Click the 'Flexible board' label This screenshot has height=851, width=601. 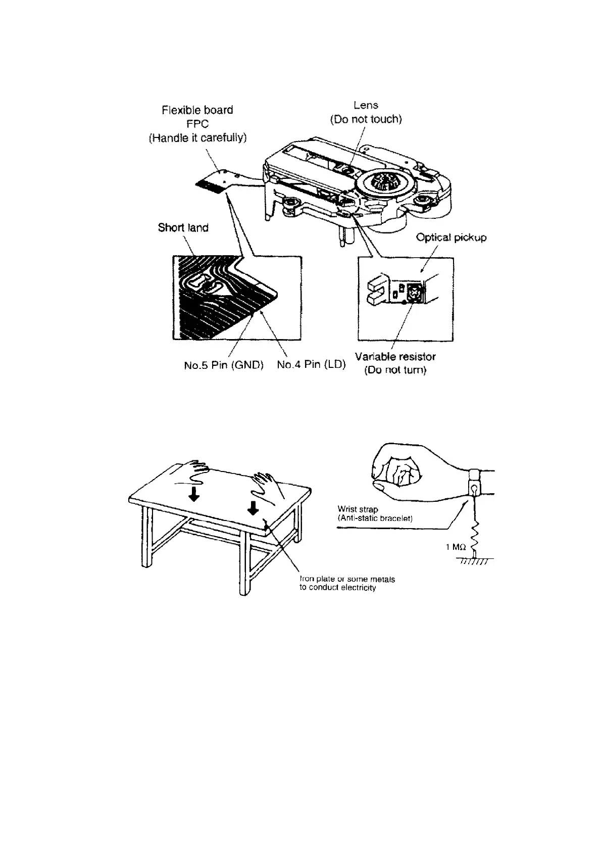pyautogui.click(x=197, y=110)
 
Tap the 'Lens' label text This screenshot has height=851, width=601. pyautogui.click(x=366, y=105)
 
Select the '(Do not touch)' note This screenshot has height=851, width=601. pyautogui.click(x=366, y=120)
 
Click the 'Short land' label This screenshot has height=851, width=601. pyautogui.click(x=183, y=228)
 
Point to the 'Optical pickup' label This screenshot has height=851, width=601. pyautogui.click(x=451, y=238)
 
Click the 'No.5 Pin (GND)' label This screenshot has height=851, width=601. pyautogui.click(x=224, y=365)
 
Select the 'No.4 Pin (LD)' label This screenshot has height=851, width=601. pyautogui.click(x=311, y=364)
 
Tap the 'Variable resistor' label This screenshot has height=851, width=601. pyautogui.click(x=395, y=357)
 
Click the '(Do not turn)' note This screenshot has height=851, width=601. pyautogui.click(x=395, y=370)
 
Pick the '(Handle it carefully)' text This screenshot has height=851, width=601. pyautogui.click(x=197, y=138)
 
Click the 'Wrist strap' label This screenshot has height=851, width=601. pyautogui.click(x=358, y=509)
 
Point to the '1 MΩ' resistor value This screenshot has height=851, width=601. pyautogui.click(x=456, y=547)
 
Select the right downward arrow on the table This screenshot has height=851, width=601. pyautogui.click(x=254, y=508)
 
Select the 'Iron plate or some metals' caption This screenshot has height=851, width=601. pyautogui.click(x=347, y=579)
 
